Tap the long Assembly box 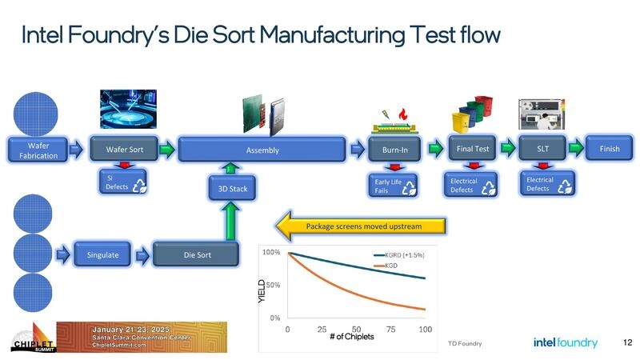[x=262, y=149]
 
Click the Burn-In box [x=394, y=149]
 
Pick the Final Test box [x=473, y=148]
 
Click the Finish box [x=609, y=148]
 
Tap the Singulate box [x=102, y=254]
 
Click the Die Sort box [x=195, y=254]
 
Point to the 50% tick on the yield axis [x=272, y=285]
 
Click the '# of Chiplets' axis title [x=352, y=336]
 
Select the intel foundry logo [x=565, y=342]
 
